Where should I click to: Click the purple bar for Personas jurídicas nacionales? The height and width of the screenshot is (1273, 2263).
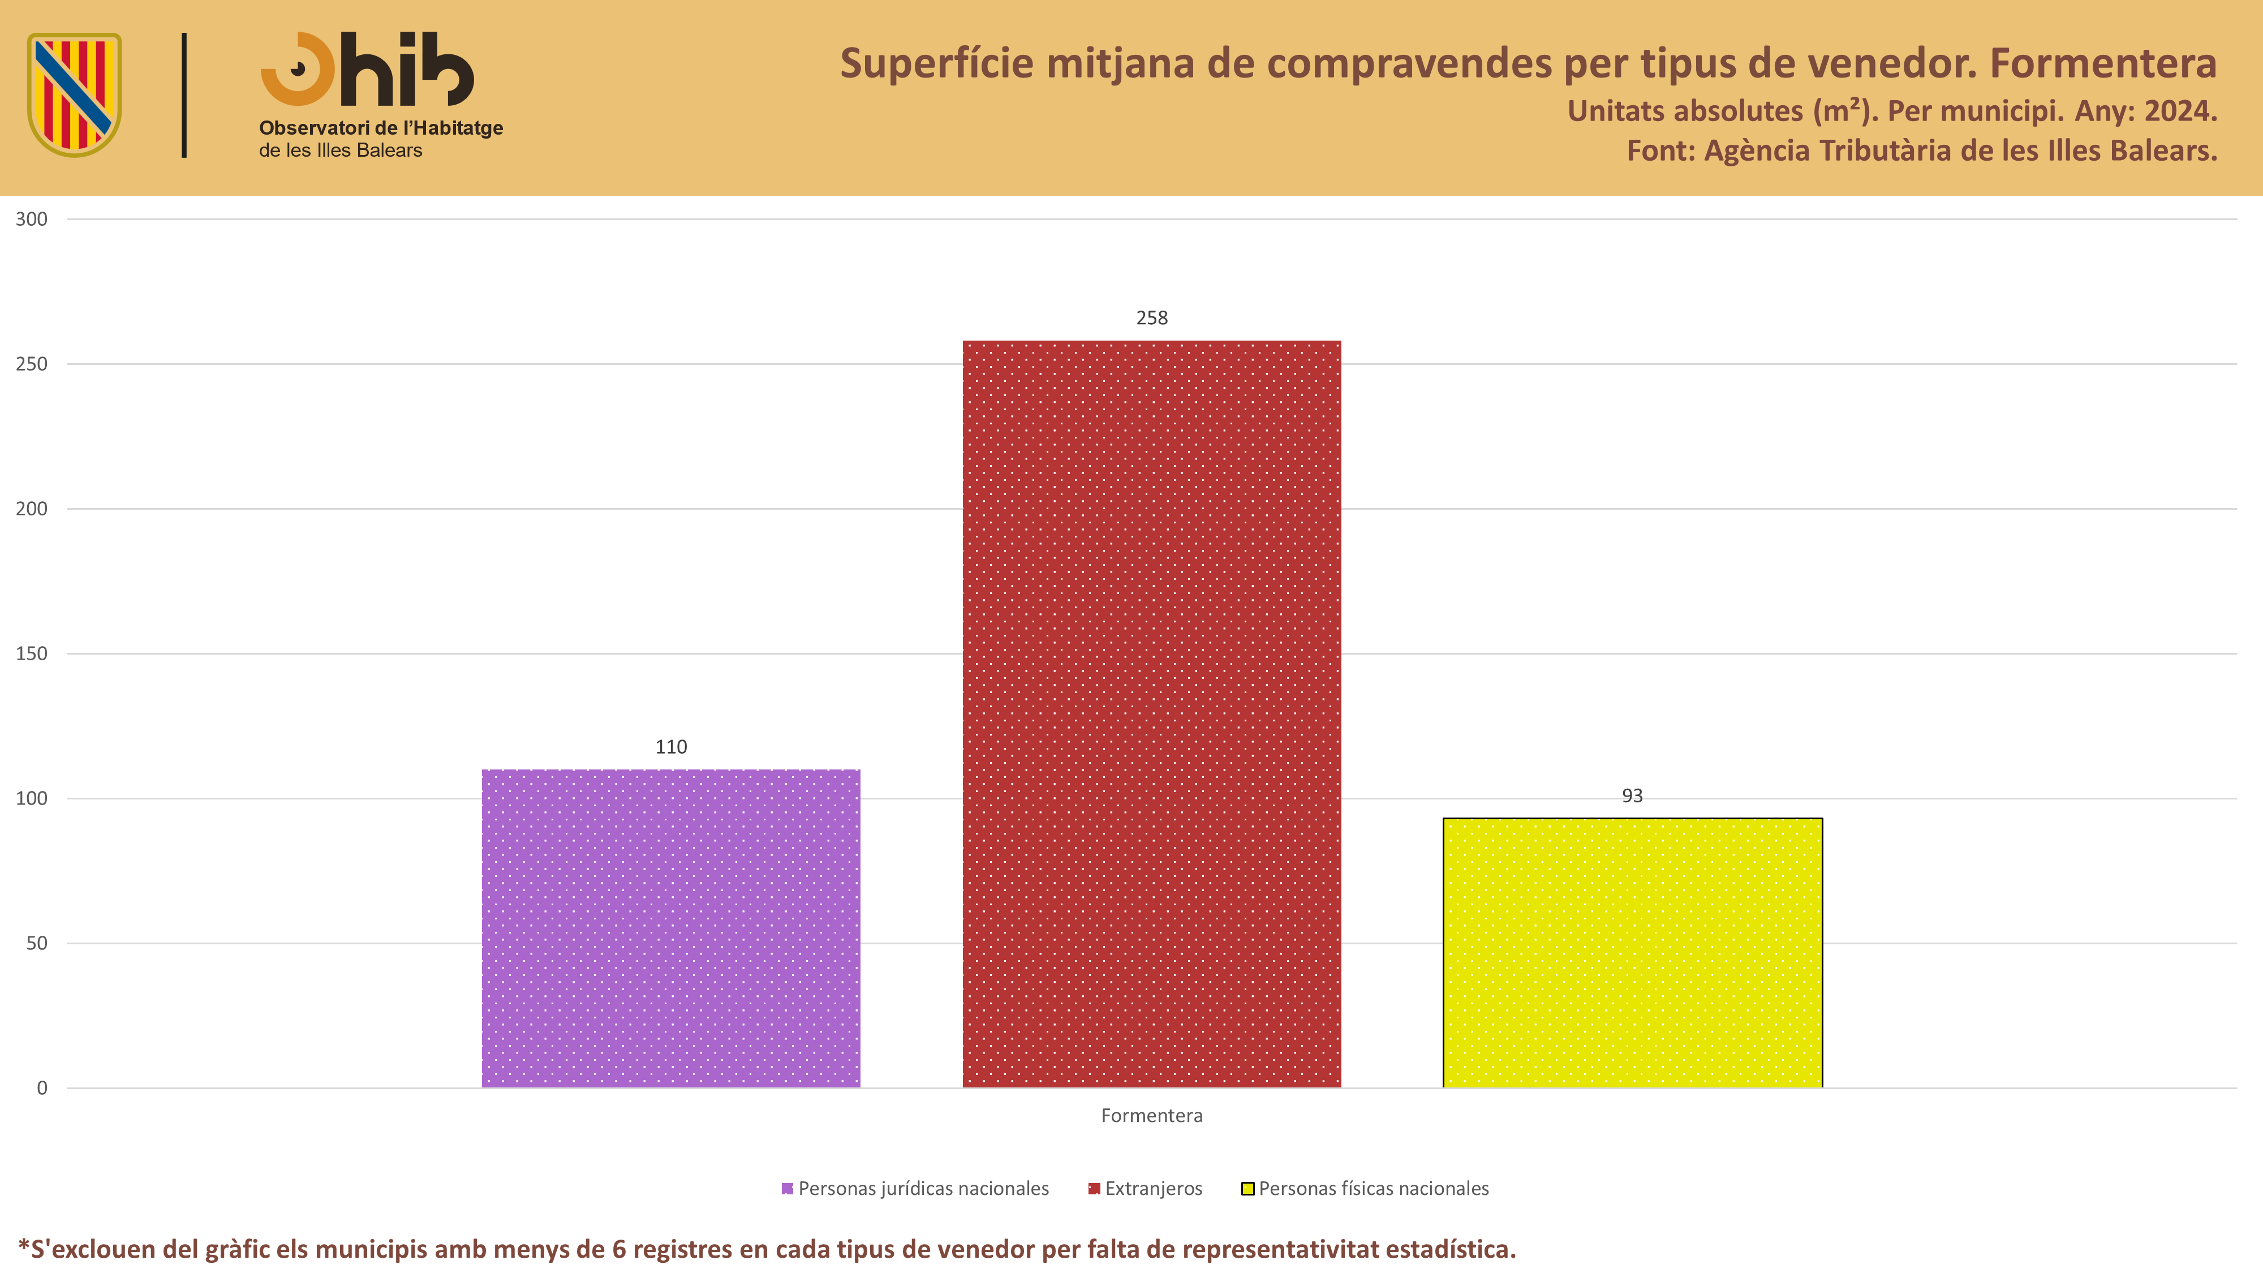tap(671, 928)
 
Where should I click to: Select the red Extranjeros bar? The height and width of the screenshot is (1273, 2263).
tap(1152, 714)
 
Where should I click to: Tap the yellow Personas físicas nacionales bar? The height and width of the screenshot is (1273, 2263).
tap(1632, 953)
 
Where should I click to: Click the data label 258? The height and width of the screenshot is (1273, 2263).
tap(1152, 318)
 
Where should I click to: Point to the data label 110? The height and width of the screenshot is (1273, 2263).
tap(671, 747)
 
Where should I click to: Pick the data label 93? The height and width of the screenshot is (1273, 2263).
tap(1632, 796)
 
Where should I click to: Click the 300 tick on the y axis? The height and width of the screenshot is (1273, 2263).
tap(32, 220)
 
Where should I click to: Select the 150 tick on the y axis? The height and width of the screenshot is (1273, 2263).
tap(32, 653)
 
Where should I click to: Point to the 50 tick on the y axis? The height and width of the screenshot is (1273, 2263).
tap(37, 944)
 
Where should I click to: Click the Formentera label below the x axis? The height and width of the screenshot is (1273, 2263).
tap(1152, 1116)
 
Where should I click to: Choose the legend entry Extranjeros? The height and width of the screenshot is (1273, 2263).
tap(1146, 1189)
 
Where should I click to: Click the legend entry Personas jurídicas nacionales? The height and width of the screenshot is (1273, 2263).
tap(915, 1189)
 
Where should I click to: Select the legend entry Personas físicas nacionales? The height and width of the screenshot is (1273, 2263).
tap(1365, 1189)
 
